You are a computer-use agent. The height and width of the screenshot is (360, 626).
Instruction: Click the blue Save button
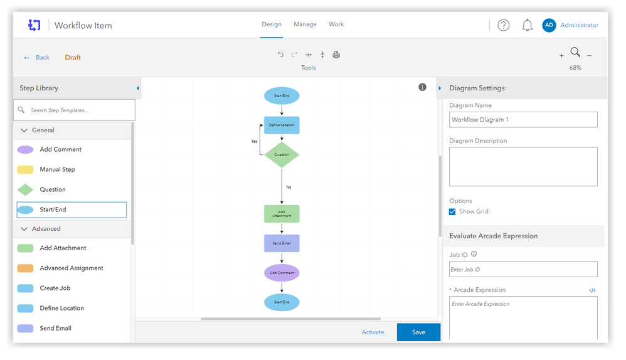pyautogui.click(x=418, y=332)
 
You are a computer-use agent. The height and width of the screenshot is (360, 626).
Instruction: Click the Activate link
pyautogui.click(x=373, y=332)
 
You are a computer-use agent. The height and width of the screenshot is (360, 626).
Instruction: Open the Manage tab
pyautogui.click(x=305, y=24)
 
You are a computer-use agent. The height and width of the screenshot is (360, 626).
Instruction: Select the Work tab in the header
pyautogui.click(x=336, y=24)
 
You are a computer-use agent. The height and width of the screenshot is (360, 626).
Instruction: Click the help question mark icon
pyautogui.click(x=504, y=25)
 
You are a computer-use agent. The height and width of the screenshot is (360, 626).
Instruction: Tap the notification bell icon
pyautogui.click(x=528, y=25)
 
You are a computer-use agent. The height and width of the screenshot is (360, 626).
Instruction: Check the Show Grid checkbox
pyautogui.click(x=452, y=211)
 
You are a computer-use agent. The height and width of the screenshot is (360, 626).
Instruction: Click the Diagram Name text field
pyautogui.click(x=523, y=119)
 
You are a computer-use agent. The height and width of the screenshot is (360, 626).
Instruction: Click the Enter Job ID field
pyautogui.click(x=523, y=270)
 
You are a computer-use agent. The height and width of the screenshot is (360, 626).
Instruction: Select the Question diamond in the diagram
pyautogui.click(x=282, y=154)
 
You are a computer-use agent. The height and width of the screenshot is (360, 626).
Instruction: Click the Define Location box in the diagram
pyautogui.click(x=282, y=125)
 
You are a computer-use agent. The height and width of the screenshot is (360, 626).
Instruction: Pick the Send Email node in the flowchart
pyautogui.click(x=282, y=243)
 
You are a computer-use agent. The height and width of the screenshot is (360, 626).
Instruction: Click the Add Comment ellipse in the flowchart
pyautogui.click(x=282, y=273)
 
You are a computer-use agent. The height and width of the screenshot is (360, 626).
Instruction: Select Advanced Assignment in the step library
pyautogui.click(x=71, y=268)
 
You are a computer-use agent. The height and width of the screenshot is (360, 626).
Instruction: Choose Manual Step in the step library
pyautogui.click(x=57, y=169)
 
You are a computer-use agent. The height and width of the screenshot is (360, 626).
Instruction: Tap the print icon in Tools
pyautogui.click(x=336, y=55)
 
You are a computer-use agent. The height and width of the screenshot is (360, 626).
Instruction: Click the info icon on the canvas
pyautogui.click(x=422, y=87)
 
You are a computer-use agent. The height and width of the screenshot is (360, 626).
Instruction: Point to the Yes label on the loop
pyautogui.click(x=254, y=141)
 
